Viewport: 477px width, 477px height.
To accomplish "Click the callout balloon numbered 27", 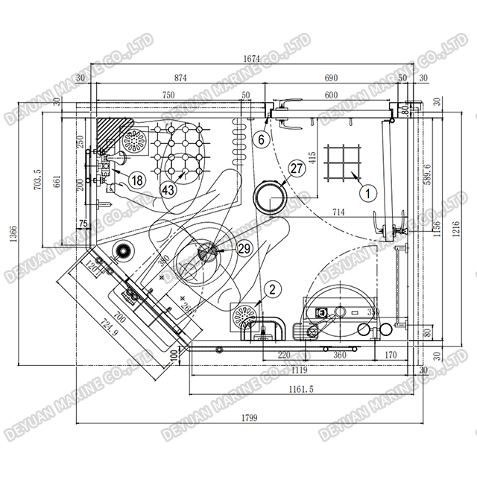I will tap(297, 169).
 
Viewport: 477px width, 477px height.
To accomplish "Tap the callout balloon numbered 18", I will tap(136, 179).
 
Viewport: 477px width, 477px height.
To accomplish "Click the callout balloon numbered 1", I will tap(366, 191).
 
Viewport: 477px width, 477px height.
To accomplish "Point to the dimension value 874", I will tap(180, 78).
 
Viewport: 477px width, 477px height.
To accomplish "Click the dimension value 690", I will tap(331, 78).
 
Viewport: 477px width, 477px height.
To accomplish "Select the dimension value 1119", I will tap(300, 369).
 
